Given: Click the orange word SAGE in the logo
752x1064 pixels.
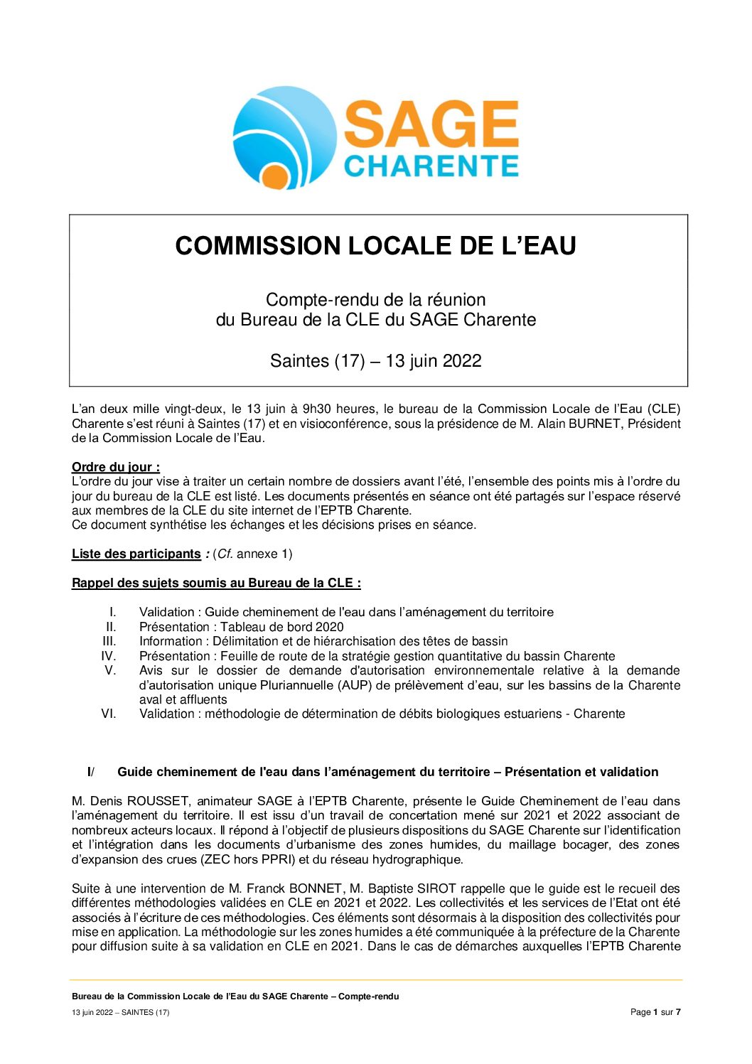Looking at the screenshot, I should coord(431,124).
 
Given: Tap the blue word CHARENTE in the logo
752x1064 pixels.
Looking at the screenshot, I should coord(431,166).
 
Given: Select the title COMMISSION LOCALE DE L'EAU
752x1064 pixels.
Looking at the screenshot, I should coord(375,246).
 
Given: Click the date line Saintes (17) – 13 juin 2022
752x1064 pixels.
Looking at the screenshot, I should coord(375,361).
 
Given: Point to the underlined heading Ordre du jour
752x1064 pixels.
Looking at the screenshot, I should coord(115,467).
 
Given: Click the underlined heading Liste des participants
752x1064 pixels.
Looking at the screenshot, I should coord(136,554).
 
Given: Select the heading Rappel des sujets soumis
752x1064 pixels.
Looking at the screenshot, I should coord(216,583).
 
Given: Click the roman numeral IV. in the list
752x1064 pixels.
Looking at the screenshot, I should coord(108,656).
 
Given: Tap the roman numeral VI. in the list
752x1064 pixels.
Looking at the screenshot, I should coord(108,714).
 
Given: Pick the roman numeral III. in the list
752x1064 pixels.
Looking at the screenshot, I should coord(109,641).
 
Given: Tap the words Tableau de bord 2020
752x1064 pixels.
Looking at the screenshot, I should coord(281,627).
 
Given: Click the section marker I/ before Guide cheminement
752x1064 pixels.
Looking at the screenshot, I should coord(90,772).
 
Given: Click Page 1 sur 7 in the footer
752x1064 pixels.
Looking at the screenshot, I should coord(655,1012).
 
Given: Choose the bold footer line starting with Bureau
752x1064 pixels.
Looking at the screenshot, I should coord(235,996).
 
